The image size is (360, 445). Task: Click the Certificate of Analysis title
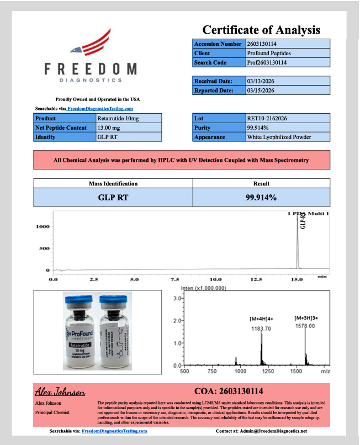[261, 30]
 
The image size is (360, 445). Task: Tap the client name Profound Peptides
[269, 53]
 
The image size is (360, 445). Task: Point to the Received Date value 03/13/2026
[261, 81]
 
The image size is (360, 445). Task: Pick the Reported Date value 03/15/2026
[261, 90]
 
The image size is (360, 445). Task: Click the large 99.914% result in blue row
[261, 197]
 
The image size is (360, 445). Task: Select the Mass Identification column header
[113, 183]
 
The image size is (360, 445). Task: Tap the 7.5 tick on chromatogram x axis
[175, 279]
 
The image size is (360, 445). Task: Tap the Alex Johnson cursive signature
[60, 392]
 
